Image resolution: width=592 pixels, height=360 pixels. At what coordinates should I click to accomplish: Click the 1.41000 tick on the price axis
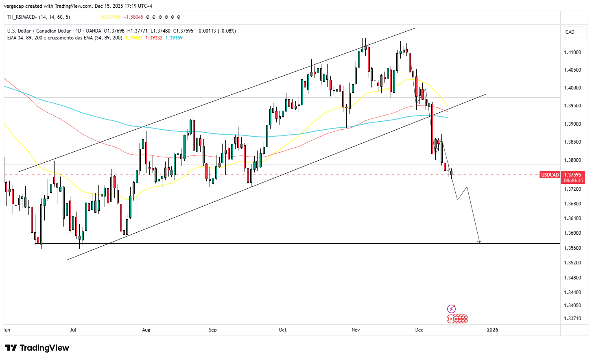point(572,52)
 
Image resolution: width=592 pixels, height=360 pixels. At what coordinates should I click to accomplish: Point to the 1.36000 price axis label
point(572,233)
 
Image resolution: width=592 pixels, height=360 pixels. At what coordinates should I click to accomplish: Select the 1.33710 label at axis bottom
point(572,319)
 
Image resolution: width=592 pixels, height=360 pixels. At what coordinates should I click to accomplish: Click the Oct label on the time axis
point(282,330)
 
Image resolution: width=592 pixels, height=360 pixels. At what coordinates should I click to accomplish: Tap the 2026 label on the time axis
point(492,330)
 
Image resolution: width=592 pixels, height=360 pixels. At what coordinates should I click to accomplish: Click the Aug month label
point(146,330)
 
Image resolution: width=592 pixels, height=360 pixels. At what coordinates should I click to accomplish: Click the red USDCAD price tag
point(550,175)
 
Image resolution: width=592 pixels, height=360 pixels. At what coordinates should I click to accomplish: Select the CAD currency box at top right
point(570,32)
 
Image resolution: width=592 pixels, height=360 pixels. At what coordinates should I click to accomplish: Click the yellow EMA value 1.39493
point(134,38)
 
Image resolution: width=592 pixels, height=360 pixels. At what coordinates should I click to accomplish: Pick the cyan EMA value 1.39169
point(174,38)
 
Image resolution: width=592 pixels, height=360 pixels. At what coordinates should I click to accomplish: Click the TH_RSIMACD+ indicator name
point(22,17)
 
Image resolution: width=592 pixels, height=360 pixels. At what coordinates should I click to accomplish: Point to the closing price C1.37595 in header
point(183,31)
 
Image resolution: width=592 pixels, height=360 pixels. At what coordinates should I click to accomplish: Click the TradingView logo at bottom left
point(37,348)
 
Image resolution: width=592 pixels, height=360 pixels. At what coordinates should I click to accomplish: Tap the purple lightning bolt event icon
point(451,309)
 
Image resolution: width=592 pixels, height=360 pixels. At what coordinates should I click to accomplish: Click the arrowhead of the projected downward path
point(480,242)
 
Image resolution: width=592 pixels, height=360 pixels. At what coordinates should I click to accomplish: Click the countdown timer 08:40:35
point(573,181)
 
